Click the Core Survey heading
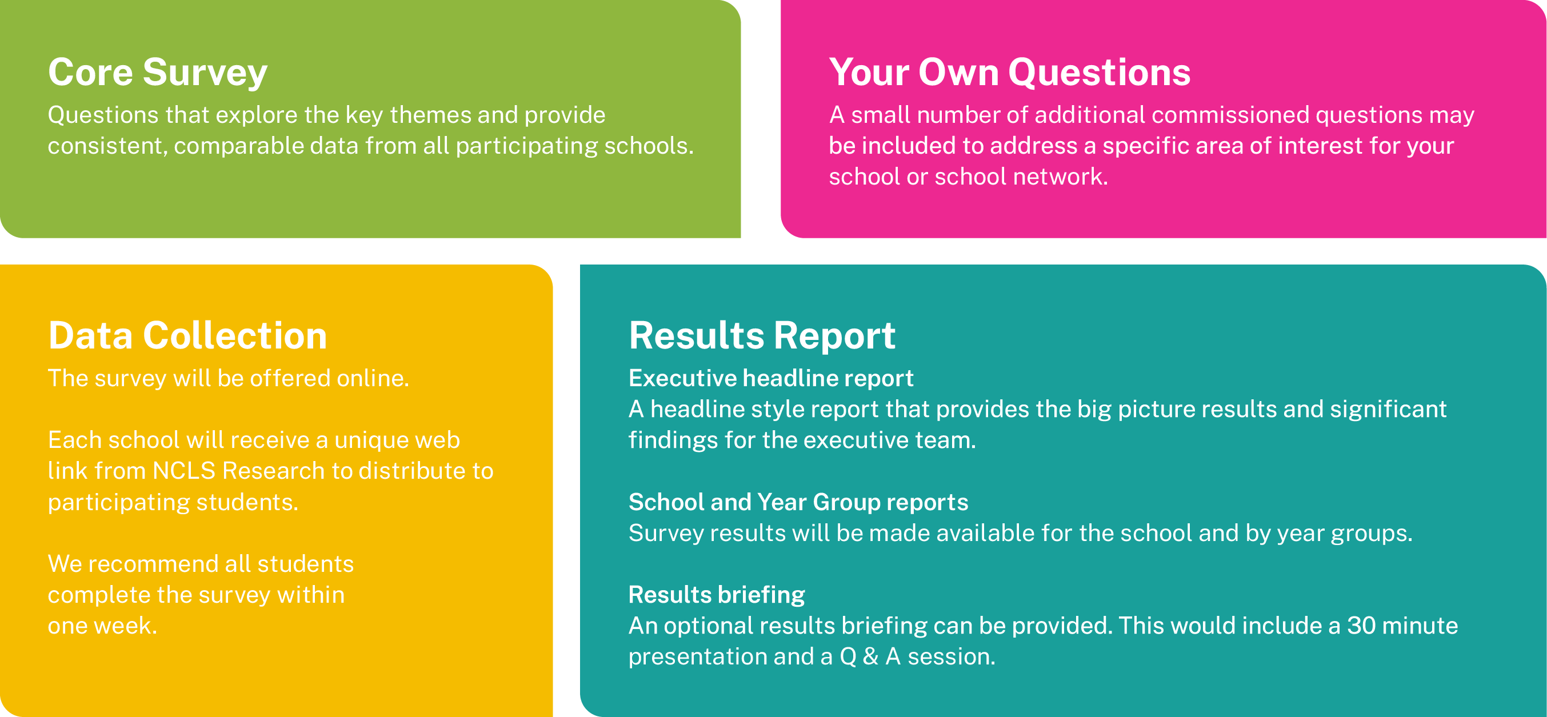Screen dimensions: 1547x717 (x=157, y=73)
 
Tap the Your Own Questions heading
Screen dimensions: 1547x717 (x=1009, y=73)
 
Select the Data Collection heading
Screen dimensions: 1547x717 (x=187, y=335)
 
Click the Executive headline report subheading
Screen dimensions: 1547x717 (x=770, y=378)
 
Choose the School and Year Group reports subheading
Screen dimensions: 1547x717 (x=798, y=502)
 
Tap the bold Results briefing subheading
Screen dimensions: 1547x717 (x=717, y=595)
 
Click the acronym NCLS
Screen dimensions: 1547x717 (x=184, y=471)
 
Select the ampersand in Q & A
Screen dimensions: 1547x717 (x=870, y=656)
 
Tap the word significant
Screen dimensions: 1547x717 (x=1388, y=410)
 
